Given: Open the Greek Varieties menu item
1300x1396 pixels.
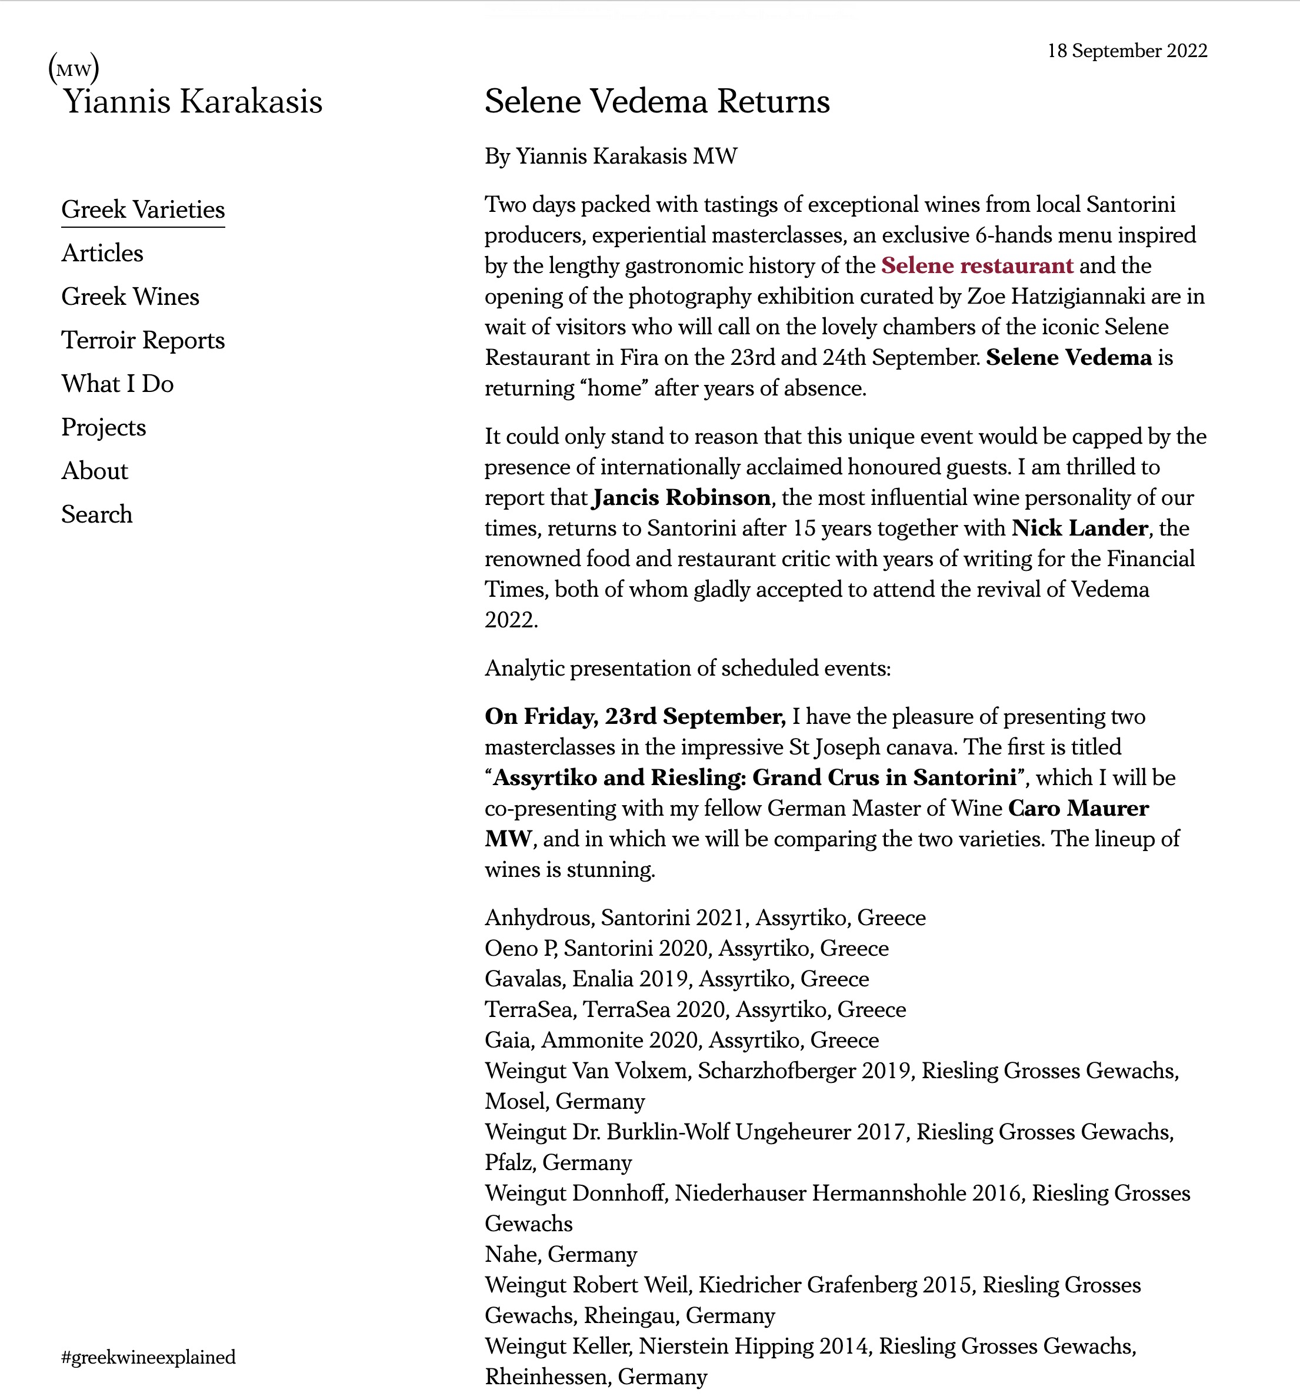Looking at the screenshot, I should [x=143, y=210].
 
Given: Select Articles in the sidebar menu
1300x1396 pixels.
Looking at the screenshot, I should [x=102, y=253].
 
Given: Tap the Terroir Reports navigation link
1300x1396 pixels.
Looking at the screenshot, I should [x=143, y=340].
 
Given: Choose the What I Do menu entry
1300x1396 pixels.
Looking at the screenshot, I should [x=117, y=383].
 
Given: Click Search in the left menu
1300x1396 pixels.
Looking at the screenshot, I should [x=97, y=514].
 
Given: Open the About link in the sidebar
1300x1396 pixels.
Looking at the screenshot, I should [x=95, y=470].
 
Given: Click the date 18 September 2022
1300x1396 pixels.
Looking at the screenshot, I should [x=1126, y=51].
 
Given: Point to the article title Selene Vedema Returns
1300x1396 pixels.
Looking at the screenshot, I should [x=657, y=101].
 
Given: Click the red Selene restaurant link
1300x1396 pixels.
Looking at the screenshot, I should [x=977, y=265].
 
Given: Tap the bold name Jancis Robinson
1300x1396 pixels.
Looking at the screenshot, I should [x=682, y=497].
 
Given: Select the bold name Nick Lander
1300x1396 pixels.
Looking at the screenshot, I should [x=1079, y=527].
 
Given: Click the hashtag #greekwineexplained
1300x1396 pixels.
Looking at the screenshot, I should [x=149, y=1357].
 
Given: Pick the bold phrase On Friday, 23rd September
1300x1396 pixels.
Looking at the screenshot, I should [x=635, y=716].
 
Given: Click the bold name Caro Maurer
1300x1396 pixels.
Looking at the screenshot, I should [x=1078, y=808].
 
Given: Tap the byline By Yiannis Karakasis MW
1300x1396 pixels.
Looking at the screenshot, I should [x=611, y=156].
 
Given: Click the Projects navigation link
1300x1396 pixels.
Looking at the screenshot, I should [x=104, y=427].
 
